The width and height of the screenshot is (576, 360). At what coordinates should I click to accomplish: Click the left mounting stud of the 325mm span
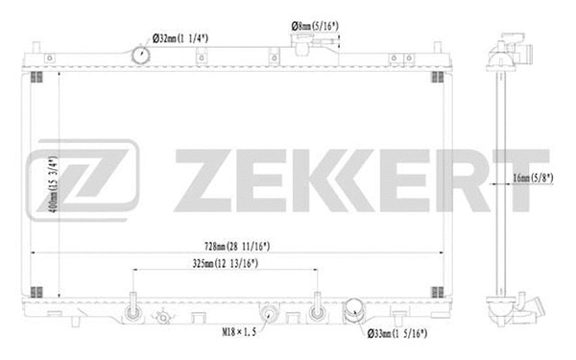(x=132, y=310)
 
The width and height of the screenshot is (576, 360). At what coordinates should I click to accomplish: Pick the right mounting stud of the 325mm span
(x=317, y=310)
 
